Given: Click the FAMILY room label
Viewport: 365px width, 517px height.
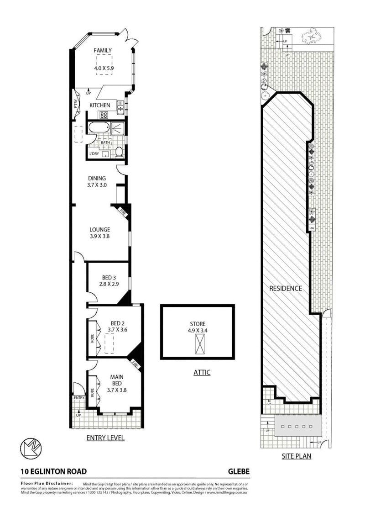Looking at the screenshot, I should [103, 51].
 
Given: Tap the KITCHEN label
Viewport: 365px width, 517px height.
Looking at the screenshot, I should [99, 106].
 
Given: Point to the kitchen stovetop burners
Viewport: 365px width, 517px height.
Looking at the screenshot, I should [104, 116].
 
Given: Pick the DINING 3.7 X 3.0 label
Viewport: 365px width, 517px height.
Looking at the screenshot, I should [97, 182].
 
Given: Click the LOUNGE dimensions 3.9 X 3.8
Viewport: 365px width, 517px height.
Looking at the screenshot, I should [100, 237].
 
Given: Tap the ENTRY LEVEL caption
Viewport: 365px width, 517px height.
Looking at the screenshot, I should [105, 438].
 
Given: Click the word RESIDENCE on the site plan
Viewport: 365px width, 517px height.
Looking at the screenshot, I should [286, 289].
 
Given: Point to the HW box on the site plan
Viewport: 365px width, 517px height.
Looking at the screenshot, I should [312, 228].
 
